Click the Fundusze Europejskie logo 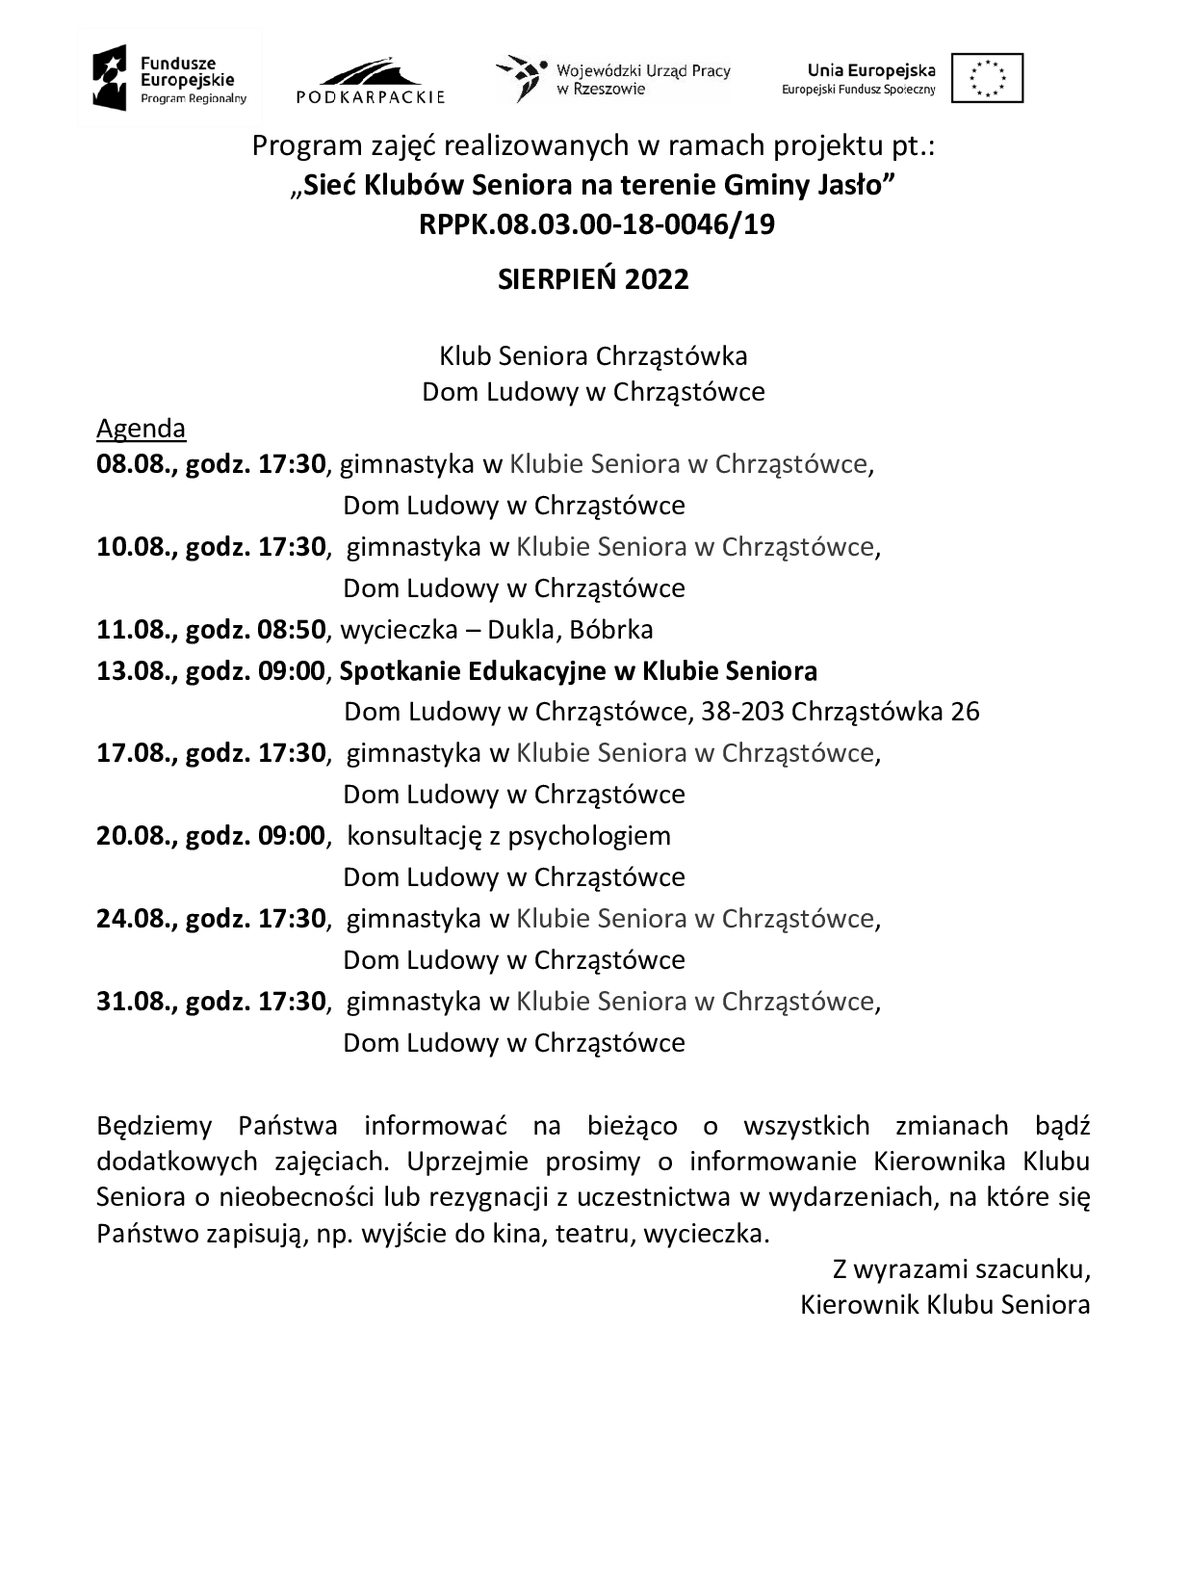click(169, 78)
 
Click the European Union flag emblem click(987, 78)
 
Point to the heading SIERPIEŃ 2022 click(593, 279)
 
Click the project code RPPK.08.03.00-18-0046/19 click(597, 224)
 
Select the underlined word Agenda click(141, 428)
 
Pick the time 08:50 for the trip click(291, 630)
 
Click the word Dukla click(521, 630)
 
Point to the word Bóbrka click(611, 630)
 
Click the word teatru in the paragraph click(592, 1234)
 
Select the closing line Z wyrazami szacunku click(961, 1269)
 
